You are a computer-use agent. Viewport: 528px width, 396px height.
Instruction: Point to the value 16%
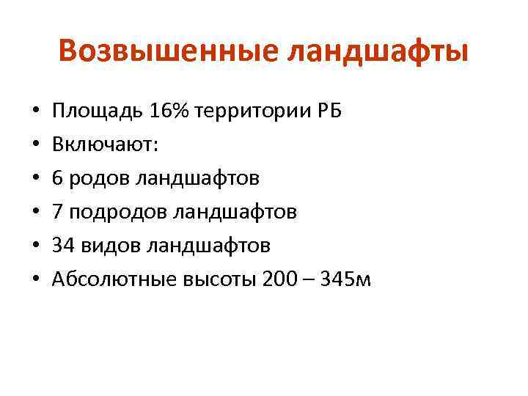(x=168, y=111)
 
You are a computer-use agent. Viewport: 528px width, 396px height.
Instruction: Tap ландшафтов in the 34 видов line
(x=208, y=246)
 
